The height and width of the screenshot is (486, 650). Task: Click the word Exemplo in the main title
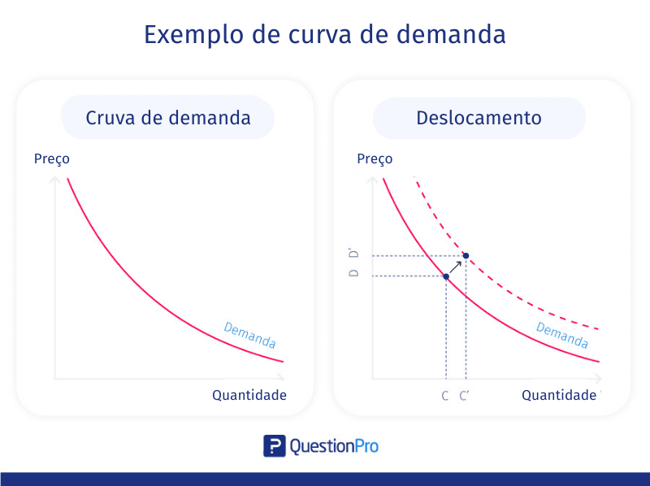(193, 34)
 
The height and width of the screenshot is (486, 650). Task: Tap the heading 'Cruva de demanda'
(168, 118)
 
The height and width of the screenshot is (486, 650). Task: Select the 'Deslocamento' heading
(479, 118)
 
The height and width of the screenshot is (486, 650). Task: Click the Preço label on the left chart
(52, 159)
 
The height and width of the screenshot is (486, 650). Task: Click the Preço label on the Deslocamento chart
(375, 159)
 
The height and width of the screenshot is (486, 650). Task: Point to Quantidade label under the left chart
(249, 395)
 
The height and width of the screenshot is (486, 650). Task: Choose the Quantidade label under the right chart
(559, 395)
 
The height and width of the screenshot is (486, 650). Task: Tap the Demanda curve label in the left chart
(249, 335)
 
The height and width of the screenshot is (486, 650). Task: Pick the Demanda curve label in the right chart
(562, 335)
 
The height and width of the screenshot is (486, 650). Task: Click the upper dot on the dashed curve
(466, 256)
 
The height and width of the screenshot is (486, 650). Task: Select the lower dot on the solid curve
(446, 276)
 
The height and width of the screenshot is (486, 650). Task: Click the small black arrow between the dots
(456, 267)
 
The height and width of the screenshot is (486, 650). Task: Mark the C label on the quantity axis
(444, 396)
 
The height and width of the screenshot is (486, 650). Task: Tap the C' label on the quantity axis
(464, 396)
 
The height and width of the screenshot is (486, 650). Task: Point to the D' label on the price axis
(353, 254)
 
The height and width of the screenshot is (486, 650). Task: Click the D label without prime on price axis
(353, 273)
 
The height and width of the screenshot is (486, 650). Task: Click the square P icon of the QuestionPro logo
(275, 446)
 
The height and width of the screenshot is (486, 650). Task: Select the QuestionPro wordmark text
(334, 447)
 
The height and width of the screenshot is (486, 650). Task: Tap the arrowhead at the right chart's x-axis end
(599, 378)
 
